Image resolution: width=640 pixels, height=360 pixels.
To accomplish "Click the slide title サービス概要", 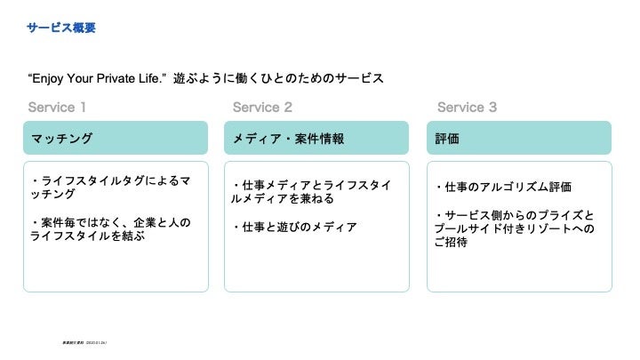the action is pyautogui.click(x=61, y=28).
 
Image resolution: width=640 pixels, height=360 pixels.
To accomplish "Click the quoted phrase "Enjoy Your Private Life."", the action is pyautogui.click(x=99, y=79).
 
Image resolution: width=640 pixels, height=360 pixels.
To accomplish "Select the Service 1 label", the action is pyautogui.click(x=57, y=108).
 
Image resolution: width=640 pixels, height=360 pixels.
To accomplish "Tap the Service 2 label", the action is pyautogui.click(x=262, y=108).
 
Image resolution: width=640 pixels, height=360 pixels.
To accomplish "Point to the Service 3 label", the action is pyautogui.click(x=467, y=108).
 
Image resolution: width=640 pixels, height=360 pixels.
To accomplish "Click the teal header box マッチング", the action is pyautogui.click(x=116, y=139).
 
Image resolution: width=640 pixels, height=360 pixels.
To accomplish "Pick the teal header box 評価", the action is pyautogui.click(x=519, y=139).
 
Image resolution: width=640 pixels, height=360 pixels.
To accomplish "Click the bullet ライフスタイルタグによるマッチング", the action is pyautogui.click(x=110, y=188).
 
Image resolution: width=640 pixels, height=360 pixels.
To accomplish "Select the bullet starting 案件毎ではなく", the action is pyautogui.click(x=110, y=229).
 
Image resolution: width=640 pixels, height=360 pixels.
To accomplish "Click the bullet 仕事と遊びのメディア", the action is pyautogui.click(x=294, y=228).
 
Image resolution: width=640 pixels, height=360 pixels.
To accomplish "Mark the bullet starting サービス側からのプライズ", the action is pyautogui.click(x=516, y=222).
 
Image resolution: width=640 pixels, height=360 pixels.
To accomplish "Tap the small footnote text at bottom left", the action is pyautogui.click(x=84, y=340).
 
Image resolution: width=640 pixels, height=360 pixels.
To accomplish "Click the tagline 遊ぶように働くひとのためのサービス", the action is pyautogui.click(x=278, y=79).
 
